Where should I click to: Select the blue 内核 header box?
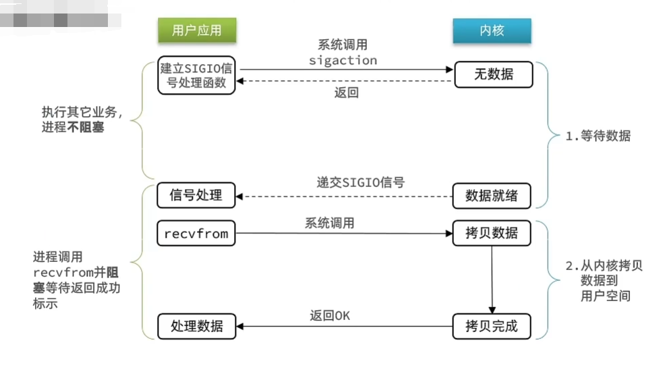pyautogui.click(x=492, y=30)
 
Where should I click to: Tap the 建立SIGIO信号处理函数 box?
pyautogui.click(x=196, y=76)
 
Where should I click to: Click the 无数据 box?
pyautogui.click(x=493, y=75)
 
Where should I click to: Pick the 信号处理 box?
pyautogui.click(x=196, y=196)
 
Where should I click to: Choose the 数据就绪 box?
pyautogui.click(x=492, y=196)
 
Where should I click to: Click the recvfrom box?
pyautogui.click(x=196, y=234)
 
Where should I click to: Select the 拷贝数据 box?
pyautogui.click(x=492, y=234)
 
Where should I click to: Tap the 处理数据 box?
pyautogui.click(x=196, y=327)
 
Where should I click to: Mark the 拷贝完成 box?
pyautogui.click(x=492, y=327)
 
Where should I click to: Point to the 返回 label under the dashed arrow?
pyautogui.click(x=346, y=93)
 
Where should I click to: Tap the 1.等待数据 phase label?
pyautogui.click(x=598, y=136)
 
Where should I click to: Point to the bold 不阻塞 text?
pyautogui.click(x=86, y=127)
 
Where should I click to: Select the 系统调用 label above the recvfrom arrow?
pyautogui.click(x=329, y=223)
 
